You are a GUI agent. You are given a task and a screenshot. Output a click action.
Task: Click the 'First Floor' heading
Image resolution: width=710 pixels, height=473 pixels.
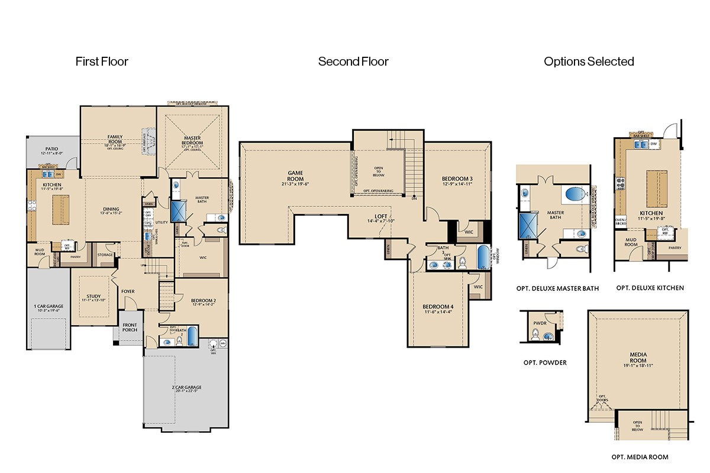tap(102, 61)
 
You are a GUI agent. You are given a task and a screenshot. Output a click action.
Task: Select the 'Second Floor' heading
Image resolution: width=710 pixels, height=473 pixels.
tap(353, 61)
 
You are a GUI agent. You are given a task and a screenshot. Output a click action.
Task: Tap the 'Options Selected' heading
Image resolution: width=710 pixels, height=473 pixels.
tap(589, 61)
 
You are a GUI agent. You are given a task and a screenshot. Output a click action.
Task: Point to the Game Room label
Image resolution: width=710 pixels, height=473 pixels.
tap(295, 176)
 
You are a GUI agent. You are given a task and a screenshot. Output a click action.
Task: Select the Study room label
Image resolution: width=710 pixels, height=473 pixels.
tap(93, 297)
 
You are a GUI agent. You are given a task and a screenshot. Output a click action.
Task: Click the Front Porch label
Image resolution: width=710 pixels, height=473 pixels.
tap(130, 326)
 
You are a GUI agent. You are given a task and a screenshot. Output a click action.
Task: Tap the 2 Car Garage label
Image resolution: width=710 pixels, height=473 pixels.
tap(186, 387)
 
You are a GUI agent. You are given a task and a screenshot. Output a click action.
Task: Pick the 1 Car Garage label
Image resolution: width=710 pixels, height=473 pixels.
tap(49, 306)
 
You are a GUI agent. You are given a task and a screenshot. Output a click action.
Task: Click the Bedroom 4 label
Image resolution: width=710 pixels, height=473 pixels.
tap(438, 307)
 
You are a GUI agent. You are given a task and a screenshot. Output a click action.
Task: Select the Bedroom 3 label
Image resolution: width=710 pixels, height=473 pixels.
tap(457, 179)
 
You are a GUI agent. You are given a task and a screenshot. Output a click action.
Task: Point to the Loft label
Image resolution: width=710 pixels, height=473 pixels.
tap(380, 216)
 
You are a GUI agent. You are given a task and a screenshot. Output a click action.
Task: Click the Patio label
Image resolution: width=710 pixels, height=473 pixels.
tap(50, 149)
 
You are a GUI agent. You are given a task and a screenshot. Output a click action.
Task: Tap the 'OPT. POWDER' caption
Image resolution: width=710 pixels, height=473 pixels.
tap(544, 362)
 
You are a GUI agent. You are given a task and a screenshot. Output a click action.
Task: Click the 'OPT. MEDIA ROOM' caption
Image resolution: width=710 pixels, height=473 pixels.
tap(640, 457)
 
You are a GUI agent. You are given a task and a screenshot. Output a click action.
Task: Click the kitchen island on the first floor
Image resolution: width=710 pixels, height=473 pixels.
tap(59, 209)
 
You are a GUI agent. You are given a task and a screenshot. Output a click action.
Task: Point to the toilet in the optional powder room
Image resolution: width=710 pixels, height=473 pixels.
tap(535, 336)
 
